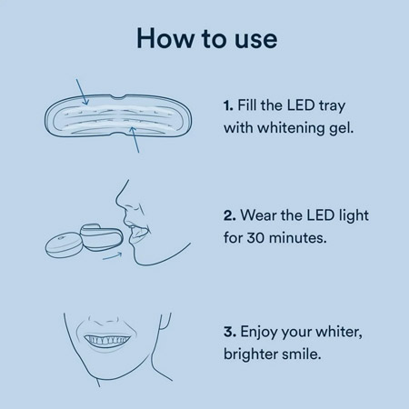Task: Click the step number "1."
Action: tap(228, 105)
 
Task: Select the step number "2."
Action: tap(230, 215)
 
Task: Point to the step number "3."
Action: tap(230, 332)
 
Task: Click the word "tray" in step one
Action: tap(332, 106)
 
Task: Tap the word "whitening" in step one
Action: tap(291, 128)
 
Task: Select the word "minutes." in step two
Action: tap(298, 238)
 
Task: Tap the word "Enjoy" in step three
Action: tap(259, 332)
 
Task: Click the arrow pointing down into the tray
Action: tap(83, 92)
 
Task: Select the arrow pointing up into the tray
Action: tap(135, 140)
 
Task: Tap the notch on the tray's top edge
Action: tap(117, 97)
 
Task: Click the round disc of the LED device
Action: tap(64, 245)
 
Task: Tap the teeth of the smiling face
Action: tap(107, 340)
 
